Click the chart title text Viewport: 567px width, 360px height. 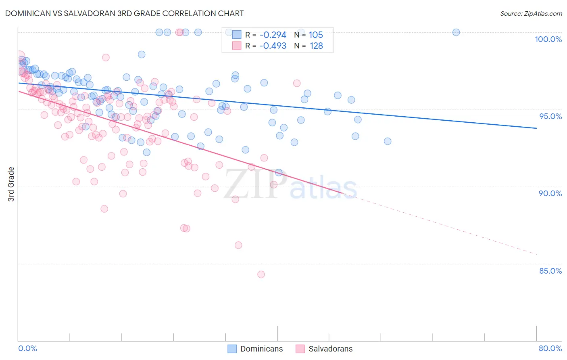click(x=124, y=13)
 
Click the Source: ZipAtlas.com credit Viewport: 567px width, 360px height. click(x=531, y=13)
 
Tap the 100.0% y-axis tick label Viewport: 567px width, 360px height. click(x=548, y=39)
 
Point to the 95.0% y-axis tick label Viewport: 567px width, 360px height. click(x=550, y=116)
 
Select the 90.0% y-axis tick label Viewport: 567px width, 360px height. click(x=550, y=193)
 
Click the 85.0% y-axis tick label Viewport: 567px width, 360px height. click(x=550, y=271)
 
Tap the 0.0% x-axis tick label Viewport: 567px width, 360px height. click(x=27, y=348)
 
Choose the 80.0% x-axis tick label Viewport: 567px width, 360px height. click(x=550, y=348)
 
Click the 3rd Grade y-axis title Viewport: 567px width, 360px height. click(x=11, y=184)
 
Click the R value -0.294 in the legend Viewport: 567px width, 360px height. click(x=273, y=35)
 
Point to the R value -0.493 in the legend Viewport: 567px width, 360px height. click(x=273, y=46)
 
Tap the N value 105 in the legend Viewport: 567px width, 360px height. click(x=316, y=35)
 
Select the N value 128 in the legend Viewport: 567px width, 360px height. click(x=316, y=46)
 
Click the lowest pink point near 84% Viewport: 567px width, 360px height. click(x=261, y=274)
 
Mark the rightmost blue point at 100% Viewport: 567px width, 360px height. click(x=456, y=32)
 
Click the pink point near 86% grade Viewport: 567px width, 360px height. click(x=238, y=245)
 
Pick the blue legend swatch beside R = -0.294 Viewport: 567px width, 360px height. click(x=237, y=35)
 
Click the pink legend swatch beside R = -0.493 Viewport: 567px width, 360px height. click(x=237, y=46)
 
